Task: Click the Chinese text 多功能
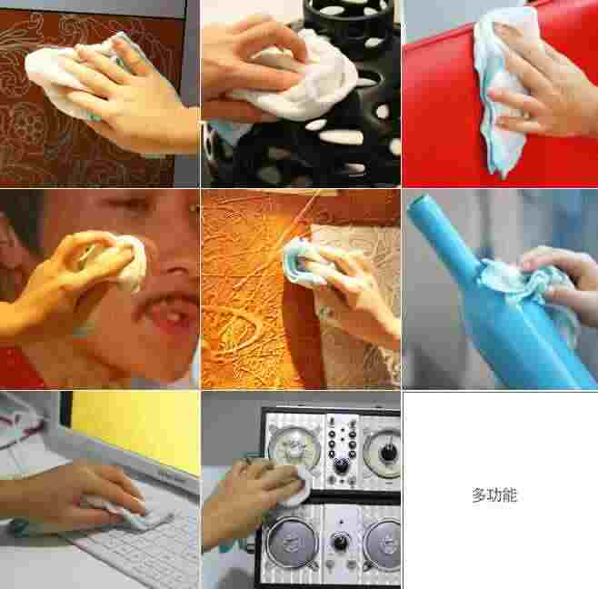(x=494, y=495)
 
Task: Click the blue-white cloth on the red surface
(x=500, y=88)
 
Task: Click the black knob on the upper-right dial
(x=389, y=450)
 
